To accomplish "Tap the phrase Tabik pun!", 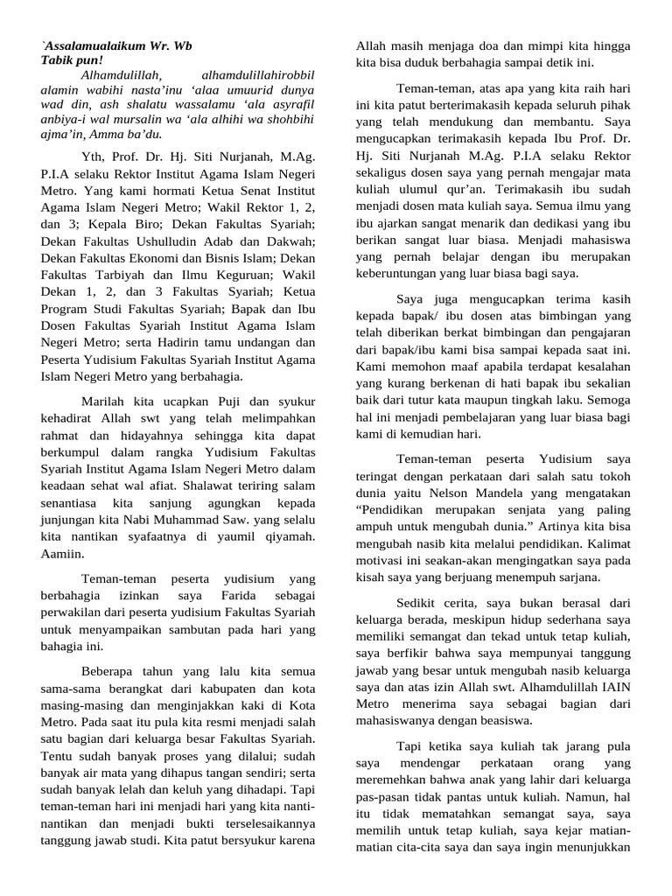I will [x=71, y=59].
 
